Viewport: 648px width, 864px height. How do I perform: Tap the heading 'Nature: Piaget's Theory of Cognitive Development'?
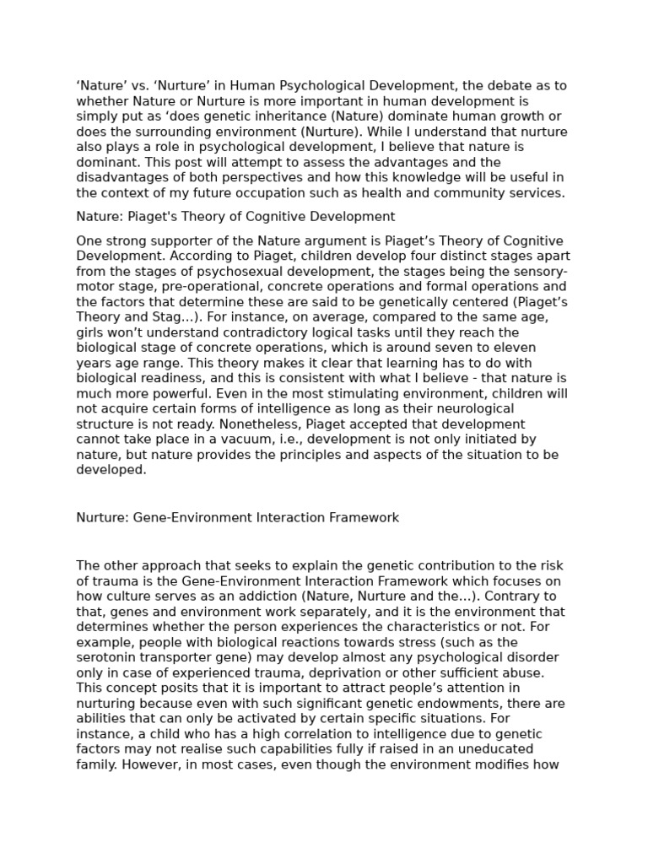[235, 217]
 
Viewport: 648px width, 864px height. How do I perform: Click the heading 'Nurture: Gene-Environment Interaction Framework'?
[237, 517]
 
